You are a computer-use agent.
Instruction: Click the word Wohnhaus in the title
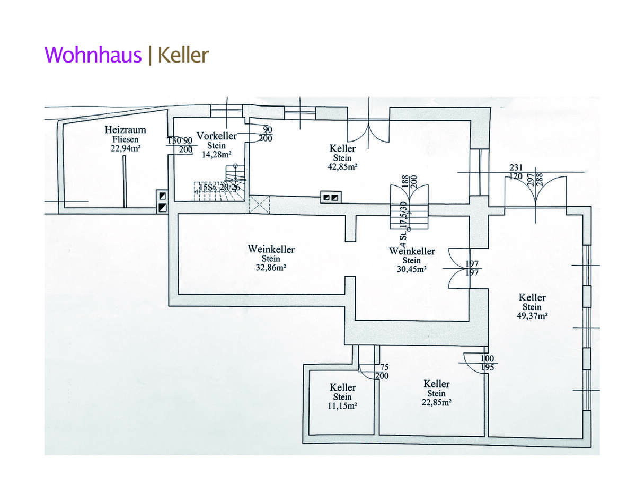coord(93,55)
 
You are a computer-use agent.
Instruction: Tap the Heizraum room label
coord(125,130)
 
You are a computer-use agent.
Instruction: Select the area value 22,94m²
coord(125,148)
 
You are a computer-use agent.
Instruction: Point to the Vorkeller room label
coord(216,136)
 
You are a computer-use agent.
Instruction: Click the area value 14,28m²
coord(216,155)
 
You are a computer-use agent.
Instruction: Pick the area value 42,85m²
coord(342,166)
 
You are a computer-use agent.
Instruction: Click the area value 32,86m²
coord(271,268)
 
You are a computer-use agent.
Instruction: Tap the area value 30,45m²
coord(411,269)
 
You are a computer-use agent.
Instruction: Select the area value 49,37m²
coord(532,316)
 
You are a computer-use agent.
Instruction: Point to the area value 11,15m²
coord(342,406)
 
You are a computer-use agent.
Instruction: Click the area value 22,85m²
coord(436,402)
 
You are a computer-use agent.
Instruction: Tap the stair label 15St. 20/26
coord(220,187)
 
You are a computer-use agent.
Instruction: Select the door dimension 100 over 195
coord(488,363)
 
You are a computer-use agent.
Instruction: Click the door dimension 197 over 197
coord(472,268)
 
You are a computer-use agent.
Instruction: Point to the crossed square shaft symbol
coord(259,204)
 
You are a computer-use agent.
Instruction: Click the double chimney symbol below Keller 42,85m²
coord(331,198)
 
